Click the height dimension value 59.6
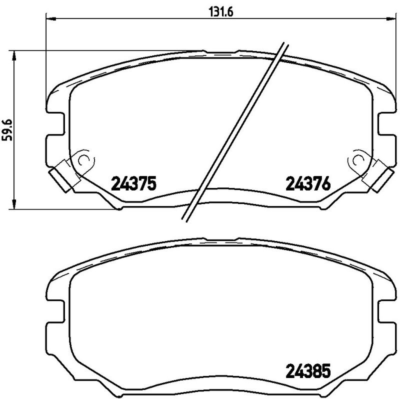coord(7,129)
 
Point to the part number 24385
coord(308,372)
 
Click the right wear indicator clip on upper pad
coord(378,175)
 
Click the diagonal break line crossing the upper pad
coord(235,130)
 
